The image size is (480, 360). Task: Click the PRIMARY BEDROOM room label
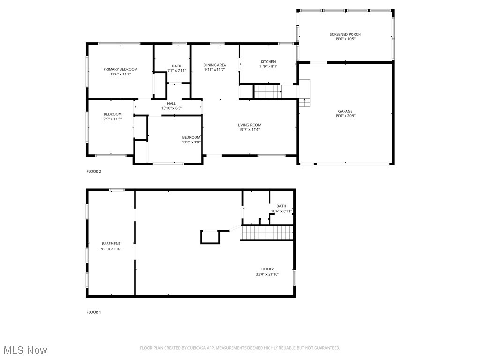pos(120,69)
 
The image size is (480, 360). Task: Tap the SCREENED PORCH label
pos(345,34)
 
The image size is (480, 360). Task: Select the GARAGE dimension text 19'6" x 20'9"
pos(345,116)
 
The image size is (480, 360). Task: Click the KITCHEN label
pos(268,62)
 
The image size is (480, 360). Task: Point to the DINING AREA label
pos(215,65)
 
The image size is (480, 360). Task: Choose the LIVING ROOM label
pos(249,125)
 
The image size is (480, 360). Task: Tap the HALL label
pos(171,104)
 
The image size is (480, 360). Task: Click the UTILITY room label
pos(268,269)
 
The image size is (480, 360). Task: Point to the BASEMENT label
pos(111,244)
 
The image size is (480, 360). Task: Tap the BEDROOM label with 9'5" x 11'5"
pos(112,114)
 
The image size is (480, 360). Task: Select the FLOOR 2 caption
pos(94,171)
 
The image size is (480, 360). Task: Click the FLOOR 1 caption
pos(94,312)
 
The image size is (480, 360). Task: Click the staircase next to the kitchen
pos(267,91)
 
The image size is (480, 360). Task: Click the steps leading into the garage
pos(305,94)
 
